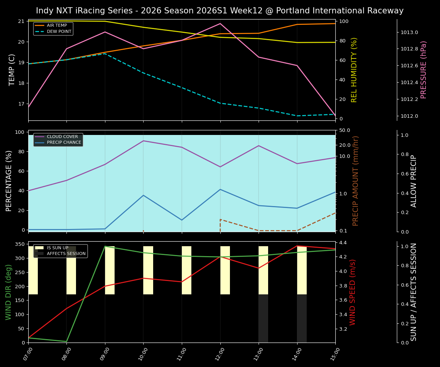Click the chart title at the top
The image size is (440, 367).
(x=220, y=11)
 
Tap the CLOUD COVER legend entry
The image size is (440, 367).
(x=62, y=136)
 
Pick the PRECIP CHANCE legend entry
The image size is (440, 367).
(x=64, y=143)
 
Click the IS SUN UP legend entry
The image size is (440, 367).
(x=57, y=248)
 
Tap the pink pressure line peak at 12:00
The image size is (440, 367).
(x=220, y=24)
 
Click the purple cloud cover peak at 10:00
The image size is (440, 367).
(x=144, y=141)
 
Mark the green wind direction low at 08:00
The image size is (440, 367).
(x=67, y=341)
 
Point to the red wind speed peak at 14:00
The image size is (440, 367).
(x=297, y=246)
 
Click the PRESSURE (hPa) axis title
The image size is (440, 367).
(x=424, y=70)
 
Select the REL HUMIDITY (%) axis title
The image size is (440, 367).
(x=354, y=70)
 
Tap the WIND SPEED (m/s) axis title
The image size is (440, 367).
(x=353, y=292)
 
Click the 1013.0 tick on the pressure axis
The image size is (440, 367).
(x=409, y=32)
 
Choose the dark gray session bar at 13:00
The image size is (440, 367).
(x=263, y=318)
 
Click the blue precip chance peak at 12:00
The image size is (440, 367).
(x=220, y=189)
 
